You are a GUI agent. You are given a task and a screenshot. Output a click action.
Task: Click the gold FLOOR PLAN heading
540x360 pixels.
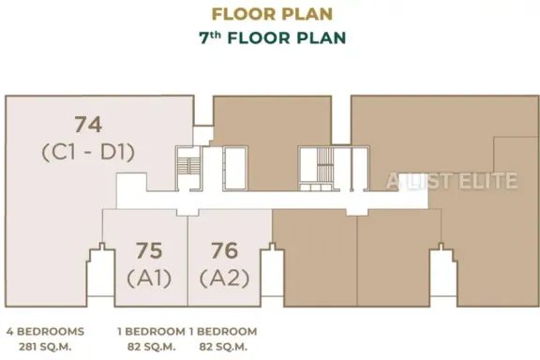click(272, 14)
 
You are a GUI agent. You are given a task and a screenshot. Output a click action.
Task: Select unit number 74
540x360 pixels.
click(88, 125)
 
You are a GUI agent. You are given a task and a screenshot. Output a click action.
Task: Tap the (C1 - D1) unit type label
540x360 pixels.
click(88, 153)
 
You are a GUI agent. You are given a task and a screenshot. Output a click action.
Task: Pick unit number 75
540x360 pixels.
click(149, 250)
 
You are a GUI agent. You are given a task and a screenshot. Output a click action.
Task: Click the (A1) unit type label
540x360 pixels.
click(149, 278)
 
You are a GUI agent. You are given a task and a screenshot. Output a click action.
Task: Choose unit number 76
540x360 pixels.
click(225, 250)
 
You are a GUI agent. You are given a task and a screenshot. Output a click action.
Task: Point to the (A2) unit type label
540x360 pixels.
click(225, 278)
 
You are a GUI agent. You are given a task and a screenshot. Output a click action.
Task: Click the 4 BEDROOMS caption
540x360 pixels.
click(45, 332)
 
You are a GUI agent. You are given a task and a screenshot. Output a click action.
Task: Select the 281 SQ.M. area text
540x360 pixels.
click(45, 347)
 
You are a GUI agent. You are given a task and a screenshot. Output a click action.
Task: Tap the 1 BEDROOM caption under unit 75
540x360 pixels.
click(151, 332)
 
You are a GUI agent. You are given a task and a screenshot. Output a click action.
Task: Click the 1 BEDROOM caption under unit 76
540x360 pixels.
click(223, 332)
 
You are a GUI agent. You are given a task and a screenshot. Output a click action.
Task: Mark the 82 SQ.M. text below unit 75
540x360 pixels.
click(152, 347)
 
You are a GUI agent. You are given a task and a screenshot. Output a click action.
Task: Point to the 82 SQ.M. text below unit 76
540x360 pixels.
click(223, 347)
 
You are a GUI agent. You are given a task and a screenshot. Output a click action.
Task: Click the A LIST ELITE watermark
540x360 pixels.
click(452, 181)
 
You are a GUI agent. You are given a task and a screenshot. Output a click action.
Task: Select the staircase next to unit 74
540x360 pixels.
click(188, 169)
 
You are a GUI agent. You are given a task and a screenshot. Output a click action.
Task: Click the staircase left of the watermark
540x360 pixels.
click(324, 169)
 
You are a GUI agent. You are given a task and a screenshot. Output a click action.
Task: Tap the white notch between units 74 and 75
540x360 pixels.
click(100, 275)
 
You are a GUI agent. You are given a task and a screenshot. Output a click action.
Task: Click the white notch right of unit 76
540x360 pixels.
click(272, 275)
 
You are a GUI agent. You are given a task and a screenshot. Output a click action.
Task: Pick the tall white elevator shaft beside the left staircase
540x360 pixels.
click(235, 169)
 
